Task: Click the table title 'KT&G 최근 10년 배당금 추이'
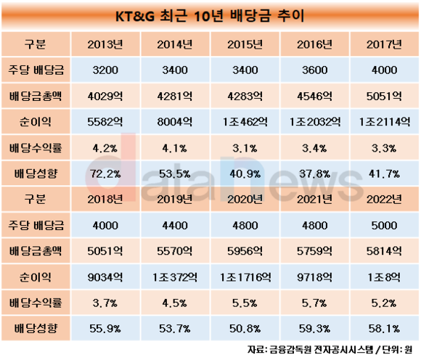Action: pyautogui.click(x=210, y=16)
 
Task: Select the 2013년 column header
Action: pyautogui.click(x=105, y=44)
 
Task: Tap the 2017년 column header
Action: pyautogui.click(x=384, y=44)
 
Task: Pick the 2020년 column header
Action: pyautogui.click(x=245, y=199)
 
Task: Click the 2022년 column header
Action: pyautogui.click(x=384, y=199)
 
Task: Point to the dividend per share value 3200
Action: pyautogui.click(x=105, y=70)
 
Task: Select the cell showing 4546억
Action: pyautogui.click(x=314, y=96)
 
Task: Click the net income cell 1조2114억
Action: pyautogui.click(x=385, y=122)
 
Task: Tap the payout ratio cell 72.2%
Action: pyautogui.click(x=105, y=174)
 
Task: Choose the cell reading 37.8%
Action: pyautogui.click(x=314, y=174)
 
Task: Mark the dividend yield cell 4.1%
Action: pyautogui.click(x=174, y=148)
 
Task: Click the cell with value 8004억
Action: pyautogui.click(x=175, y=122)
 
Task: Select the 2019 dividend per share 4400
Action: pyautogui.click(x=175, y=225)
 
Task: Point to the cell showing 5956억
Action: pyautogui.click(x=245, y=251)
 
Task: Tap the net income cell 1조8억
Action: pyautogui.click(x=384, y=277)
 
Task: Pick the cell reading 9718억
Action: pyautogui.click(x=314, y=277)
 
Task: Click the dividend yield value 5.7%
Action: pyautogui.click(x=314, y=303)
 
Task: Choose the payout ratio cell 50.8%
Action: pyautogui.click(x=245, y=329)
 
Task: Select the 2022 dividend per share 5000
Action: pyautogui.click(x=384, y=225)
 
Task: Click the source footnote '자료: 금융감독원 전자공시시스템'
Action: pyautogui.click(x=310, y=350)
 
